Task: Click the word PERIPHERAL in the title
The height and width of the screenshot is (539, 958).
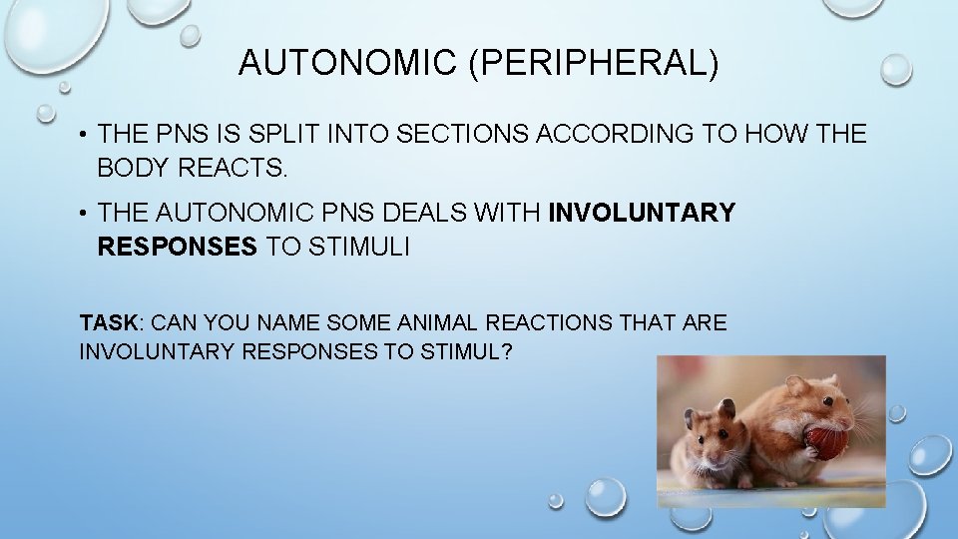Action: coord(595,64)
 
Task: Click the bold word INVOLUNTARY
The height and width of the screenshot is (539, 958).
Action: coord(642,214)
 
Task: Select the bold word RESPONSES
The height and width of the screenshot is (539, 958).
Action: coord(177,247)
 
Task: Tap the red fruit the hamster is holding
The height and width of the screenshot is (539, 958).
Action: coord(826,440)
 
